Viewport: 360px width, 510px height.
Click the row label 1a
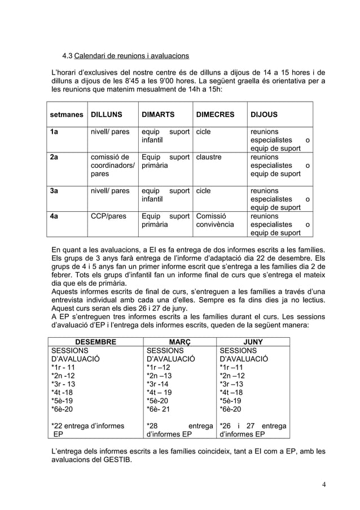[54, 132]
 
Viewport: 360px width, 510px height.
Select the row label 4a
[54, 216]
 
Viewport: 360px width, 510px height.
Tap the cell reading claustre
[208, 157]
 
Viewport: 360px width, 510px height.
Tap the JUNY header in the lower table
[253, 342]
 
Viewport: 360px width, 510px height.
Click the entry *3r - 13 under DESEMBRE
[63, 384]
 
